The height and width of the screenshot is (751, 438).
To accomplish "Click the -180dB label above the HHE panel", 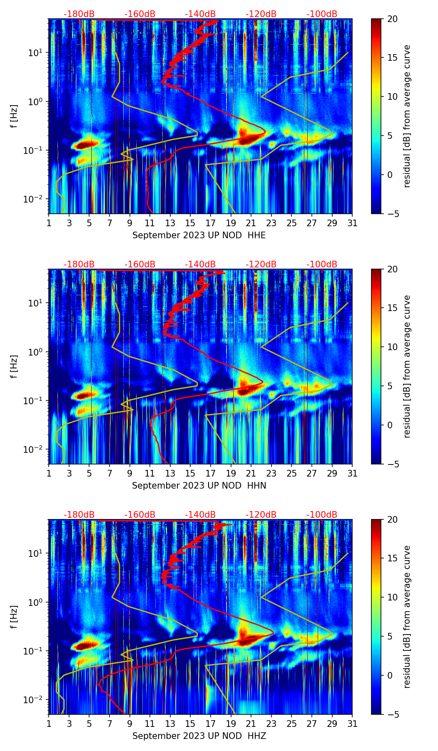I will click(79, 14).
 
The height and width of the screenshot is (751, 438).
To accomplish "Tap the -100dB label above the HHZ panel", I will click(322, 515).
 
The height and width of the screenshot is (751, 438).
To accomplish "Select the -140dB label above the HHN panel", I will click(200, 264).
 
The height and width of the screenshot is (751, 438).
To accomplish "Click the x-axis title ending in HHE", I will click(199, 235).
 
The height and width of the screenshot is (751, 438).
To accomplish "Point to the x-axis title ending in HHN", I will click(199, 486).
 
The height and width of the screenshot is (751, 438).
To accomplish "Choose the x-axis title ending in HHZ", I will click(199, 736).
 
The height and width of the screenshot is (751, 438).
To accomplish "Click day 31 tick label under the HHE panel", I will click(352, 223).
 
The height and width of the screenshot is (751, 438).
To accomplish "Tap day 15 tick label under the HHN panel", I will click(190, 474).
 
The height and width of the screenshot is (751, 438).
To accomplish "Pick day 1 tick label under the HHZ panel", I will click(49, 724).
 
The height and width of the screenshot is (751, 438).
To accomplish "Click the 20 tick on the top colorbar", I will click(393, 19).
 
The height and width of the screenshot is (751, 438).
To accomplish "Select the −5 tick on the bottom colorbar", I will click(393, 714).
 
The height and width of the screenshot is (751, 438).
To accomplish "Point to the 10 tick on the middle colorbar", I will click(393, 347).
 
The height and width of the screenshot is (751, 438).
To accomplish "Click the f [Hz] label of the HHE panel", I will click(15, 116).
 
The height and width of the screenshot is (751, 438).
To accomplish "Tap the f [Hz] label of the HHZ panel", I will click(15, 617).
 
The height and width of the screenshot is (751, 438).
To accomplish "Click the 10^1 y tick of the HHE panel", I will click(36, 53).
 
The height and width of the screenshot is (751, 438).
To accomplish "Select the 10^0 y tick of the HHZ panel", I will click(36, 602).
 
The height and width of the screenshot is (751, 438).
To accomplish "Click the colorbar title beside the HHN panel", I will click(407, 366).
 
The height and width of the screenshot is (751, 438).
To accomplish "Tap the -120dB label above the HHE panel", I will click(261, 14).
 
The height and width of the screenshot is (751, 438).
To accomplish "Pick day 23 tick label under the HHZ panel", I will click(271, 724).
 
